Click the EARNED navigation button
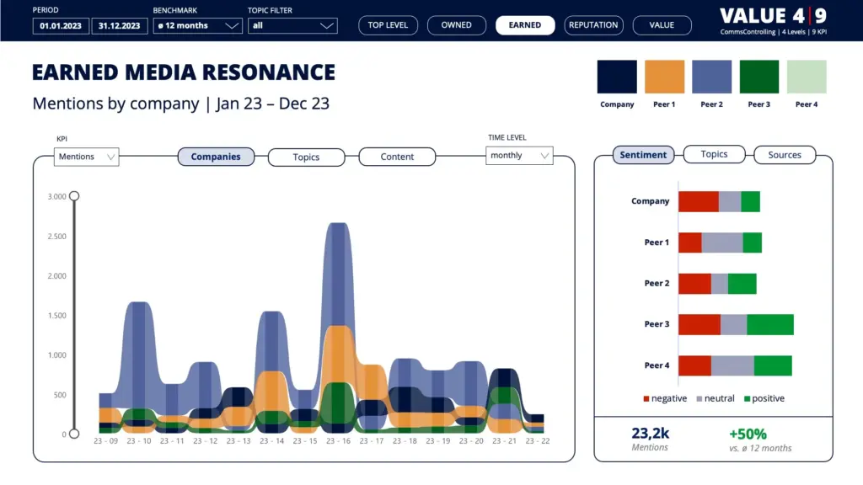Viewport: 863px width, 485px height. (x=524, y=25)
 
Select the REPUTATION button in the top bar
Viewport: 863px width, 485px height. (x=593, y=25)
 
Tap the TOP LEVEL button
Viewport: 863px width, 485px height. (x=388, y=25)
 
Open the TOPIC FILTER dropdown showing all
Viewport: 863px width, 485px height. (x=292, y=26)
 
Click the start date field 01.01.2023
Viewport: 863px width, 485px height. (x=61, y=26)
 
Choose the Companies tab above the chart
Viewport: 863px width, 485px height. (x=216, y=157)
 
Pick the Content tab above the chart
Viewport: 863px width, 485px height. (x=397, y=157)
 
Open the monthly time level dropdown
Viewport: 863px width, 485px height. (x=519, y=156)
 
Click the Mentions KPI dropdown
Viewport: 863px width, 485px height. (x=87, y=157)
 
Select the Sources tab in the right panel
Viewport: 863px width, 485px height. (x=785, y=155)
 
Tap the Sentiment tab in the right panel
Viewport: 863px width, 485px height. (x=643, y=155)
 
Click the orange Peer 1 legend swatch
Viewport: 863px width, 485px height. (x=664, y=77)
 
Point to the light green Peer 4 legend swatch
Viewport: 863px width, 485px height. (x=807, y=77)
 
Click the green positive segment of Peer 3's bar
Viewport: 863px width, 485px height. (x=770, y=324)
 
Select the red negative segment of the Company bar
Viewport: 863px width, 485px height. (x=699, y=202)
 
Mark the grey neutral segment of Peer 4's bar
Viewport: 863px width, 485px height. (x=732, y=365)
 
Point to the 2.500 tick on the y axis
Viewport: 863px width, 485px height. (x=56, y=237)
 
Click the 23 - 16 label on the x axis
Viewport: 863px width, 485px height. (x=338, y=441)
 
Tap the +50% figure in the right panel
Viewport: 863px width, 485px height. (x=748, y=434)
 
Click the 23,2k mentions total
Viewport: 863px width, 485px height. (x=650, y=434)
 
